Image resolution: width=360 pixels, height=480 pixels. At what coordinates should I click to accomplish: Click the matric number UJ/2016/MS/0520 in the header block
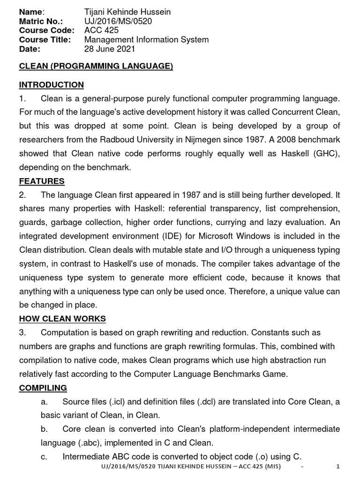click(x=118, y=21)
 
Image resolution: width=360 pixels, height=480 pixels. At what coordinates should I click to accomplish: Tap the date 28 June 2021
click(x=110, y=49)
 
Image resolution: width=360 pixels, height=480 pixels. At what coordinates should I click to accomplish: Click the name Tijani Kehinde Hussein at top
click(x=127, y=12)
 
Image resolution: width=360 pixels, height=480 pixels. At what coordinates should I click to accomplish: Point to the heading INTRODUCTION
click(x=51, y=85)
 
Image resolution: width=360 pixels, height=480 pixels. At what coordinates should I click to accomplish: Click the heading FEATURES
click(x=42, y=181)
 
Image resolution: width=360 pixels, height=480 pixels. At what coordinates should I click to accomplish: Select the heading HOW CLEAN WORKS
click(x=62, y=319)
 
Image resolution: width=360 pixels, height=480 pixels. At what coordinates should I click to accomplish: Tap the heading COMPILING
click(x=43, y=388)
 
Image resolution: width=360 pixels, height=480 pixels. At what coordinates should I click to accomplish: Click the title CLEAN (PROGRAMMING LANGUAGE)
click(x=96, y=66)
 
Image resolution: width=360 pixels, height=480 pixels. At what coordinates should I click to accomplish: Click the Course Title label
click(x=45, y=40)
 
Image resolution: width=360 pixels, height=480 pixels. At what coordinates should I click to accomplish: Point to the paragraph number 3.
click(x=22, y=333)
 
